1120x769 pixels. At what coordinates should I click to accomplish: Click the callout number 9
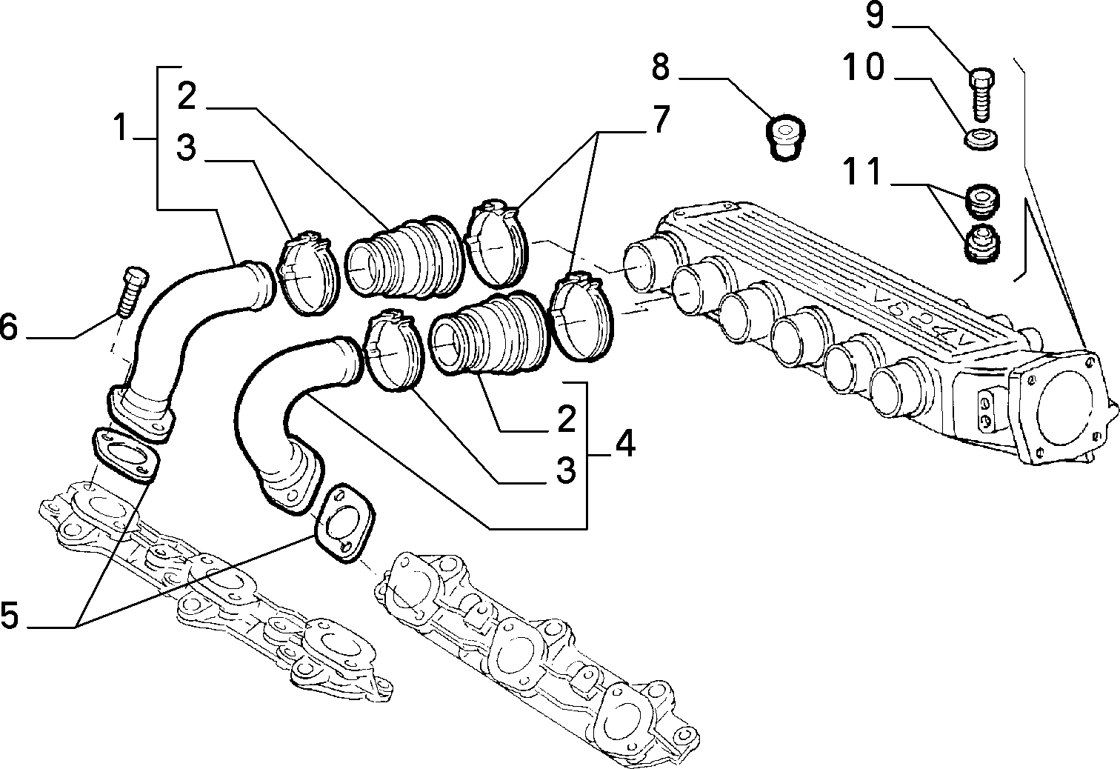click(x=875, y=16)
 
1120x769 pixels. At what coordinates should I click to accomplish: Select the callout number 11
click(x=862, y=171)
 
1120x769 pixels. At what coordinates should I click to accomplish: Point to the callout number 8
click(x=661, y=67)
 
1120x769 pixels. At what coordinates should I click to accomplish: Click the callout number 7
click(x=661, y=119)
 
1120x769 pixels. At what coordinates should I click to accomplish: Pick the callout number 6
click(x=9, y=327)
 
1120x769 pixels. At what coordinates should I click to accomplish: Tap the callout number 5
click(x=9, y=614)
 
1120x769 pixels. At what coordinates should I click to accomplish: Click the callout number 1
click(x=120, y=127)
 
